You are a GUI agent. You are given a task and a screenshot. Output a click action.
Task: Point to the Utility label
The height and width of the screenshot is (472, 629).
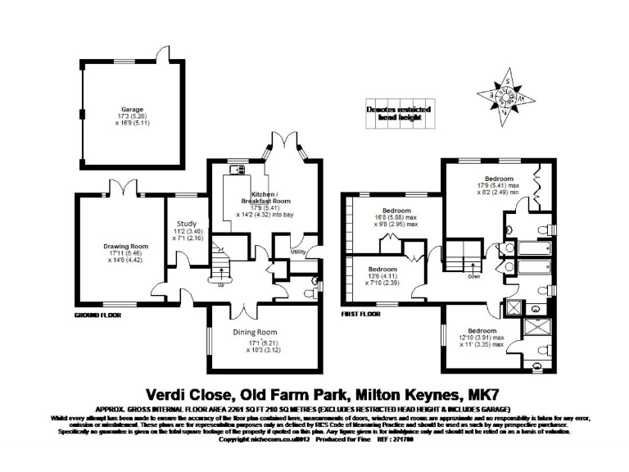coord(298,252)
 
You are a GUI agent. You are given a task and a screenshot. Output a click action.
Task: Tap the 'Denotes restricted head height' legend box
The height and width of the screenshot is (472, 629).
coord(397,113)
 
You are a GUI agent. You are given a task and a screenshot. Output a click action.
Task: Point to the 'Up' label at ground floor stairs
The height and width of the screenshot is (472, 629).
coord(220,285)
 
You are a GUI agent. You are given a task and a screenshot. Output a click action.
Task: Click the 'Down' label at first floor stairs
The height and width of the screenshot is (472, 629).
coord(473,276)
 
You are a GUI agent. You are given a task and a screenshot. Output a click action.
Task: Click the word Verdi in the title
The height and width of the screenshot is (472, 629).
coord(170,393)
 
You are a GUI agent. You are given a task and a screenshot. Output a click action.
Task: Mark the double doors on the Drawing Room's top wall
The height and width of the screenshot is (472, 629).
coord(123,189)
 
